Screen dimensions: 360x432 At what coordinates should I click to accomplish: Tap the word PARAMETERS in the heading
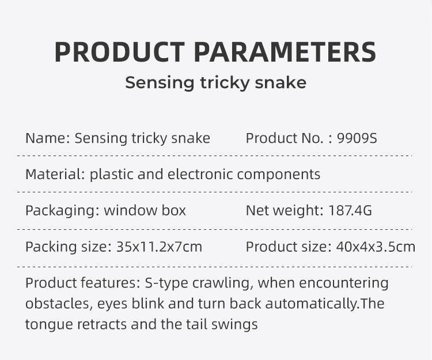click(x=285, y=52)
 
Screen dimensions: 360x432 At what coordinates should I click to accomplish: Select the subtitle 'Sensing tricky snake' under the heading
click(x=215, y=83)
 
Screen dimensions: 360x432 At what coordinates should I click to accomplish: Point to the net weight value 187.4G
click(x=350, y=210)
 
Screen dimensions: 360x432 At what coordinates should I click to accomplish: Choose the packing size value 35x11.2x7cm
click(x=160, y=247)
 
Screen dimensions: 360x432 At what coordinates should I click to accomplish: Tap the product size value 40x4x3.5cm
click(x=376, y=247)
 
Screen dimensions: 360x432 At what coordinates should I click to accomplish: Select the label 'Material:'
click(x=55, y=174)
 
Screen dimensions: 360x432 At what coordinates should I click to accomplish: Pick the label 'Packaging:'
click(x=62, y=210)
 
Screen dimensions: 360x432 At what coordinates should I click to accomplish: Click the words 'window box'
click(x=145, y=210)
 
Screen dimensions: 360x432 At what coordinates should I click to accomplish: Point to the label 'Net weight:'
click(x=285, y=210)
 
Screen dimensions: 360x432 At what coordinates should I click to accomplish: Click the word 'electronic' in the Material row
click(x=200, y=174)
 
